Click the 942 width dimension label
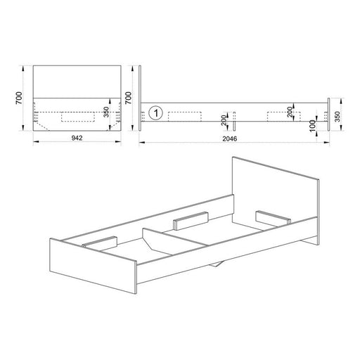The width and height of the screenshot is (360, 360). pyautogui.click(x=77, y=138)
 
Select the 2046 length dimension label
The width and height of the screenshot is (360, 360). pyautogui.click(x=230, y=139)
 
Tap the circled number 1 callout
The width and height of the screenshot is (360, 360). pyautogui.click(x=156, y=113)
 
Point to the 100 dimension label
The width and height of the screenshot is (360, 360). pyautogui.click(x=313, y=126)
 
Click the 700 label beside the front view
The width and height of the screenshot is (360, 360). pyautogui.click(x=19, y=98)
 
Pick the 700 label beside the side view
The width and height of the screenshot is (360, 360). pyautogui.click(x=128, y=98)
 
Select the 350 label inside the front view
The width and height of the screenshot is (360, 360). pyautogui.click(x=106, y=112)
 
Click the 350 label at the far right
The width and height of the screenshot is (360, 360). pyautogui.click(x=337, y=117)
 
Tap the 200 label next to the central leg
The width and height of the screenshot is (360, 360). pyautogui.click(x=224, y=120)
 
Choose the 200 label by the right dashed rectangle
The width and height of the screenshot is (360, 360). pyautogui.click(x=290, y=112)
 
